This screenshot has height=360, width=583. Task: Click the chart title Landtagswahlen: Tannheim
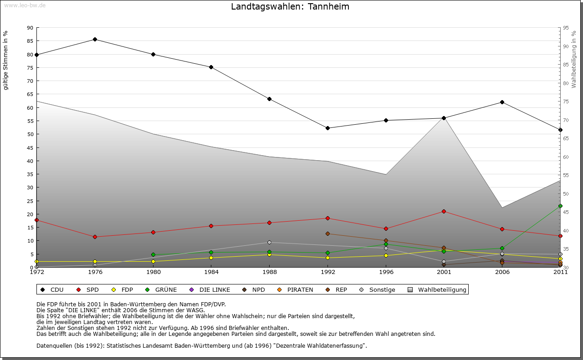click(x=290, y=6)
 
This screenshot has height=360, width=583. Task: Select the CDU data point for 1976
click(x=95, y=39)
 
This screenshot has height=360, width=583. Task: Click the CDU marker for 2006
click(x=502, y=102)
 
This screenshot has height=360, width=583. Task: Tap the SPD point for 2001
click(x=444, y=211)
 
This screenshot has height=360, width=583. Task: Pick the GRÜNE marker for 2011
click(x=560, y=206)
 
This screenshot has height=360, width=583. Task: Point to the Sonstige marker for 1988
click(x=269, y=242)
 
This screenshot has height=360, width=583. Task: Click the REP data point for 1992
click(x=327, y=233)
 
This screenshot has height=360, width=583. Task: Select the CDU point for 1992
click(x=327, y=128)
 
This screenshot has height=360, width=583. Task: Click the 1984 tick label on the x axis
click(x=211, y=272)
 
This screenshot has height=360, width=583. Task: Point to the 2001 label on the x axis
click(x=444, y=272)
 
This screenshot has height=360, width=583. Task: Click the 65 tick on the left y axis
click(x=30, y=94)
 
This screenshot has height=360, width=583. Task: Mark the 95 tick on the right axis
click(x=566, y=28)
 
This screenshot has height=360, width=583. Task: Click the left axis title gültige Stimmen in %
click(x=6, y=60)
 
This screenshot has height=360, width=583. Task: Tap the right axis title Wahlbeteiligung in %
click(x=573, y=59)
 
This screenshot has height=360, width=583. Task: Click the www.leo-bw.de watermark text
click(x=25, y=5)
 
